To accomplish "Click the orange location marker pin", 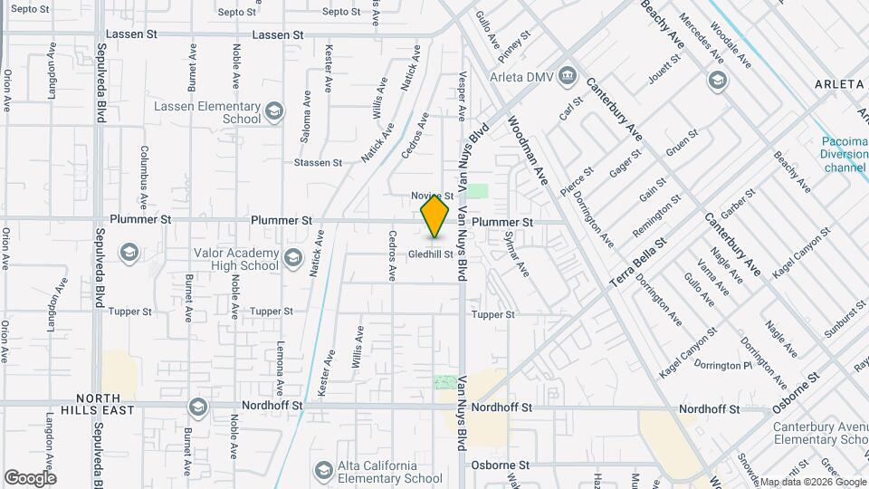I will point(435,216).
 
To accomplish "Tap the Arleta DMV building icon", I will point(567,74).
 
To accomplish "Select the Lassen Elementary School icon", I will point(274,111).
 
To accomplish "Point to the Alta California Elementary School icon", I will point(324,470).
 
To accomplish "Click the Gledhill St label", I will point(429,254).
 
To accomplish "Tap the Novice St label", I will point(431,196).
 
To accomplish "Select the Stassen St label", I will point(318,163).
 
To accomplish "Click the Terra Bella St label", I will point(637,263).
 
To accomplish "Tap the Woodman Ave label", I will point(528,150).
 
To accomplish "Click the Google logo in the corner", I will point(30,477).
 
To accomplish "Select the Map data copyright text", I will point(812,482).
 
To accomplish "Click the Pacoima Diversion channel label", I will point(844,154).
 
